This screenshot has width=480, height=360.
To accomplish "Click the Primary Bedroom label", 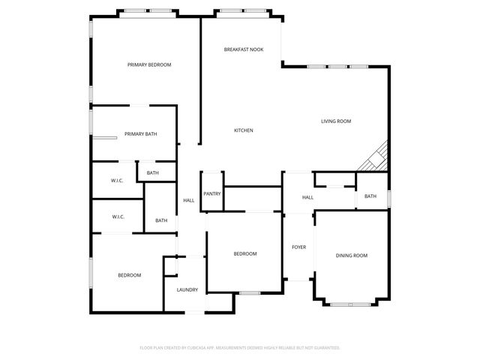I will (149, 65).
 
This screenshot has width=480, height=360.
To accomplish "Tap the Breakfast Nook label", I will (243, 49).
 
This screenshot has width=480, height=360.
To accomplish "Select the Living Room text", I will (336, 121).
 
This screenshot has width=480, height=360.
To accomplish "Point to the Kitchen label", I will (244, 130).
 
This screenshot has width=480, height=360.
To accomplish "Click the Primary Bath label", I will (141, 134).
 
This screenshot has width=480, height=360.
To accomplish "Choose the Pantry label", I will (212, 194).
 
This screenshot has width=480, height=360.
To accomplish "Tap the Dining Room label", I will (351, 256).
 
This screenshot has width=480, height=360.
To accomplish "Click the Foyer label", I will (298, 247).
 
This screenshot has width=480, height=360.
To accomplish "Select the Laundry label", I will (187, 290).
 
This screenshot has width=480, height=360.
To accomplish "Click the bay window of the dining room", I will (351, 303).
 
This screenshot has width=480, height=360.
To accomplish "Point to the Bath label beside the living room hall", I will (370, 196).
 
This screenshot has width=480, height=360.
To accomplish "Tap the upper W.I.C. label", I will (117, 181).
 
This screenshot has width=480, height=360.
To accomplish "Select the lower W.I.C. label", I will (118, 217).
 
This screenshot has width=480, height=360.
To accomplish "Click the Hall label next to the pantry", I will (189, 200).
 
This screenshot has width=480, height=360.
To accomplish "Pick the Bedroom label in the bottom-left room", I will (129, 275).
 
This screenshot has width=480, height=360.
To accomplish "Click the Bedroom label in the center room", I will (245, 253).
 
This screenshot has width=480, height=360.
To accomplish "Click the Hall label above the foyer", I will (307, 197).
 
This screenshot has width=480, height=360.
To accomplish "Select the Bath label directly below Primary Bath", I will (153, 173).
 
